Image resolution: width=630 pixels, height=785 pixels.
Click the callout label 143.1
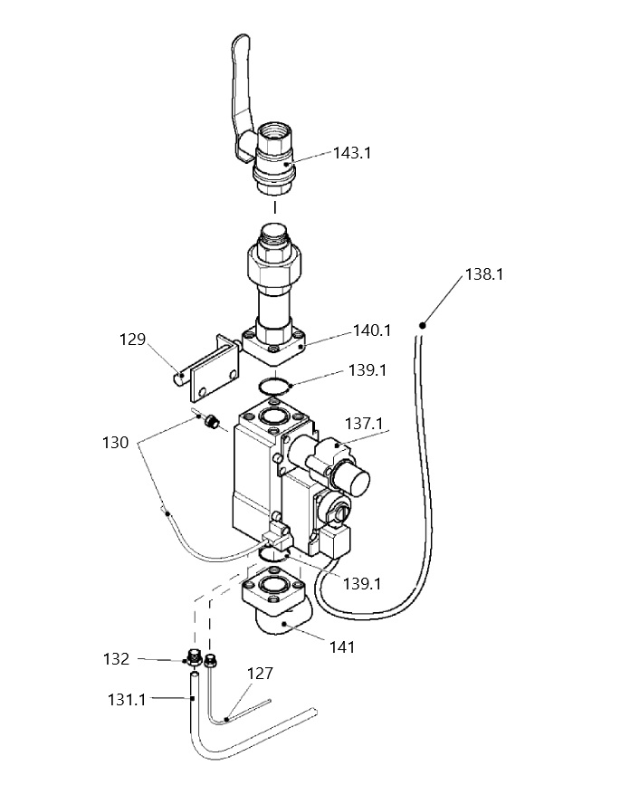(352, 153)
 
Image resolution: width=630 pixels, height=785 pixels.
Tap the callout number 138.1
(484, 274)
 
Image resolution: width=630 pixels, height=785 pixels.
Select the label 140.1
(372, 330)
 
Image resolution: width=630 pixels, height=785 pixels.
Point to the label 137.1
(364, 424)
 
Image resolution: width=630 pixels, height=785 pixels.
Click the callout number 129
(132, 340)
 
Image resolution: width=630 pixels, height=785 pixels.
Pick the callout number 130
(116, 443)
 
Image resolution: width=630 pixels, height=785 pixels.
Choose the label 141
(342, 647)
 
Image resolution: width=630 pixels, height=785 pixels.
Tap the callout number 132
(116, 659)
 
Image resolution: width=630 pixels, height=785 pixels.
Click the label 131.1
(127, 699)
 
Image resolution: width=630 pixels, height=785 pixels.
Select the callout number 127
(260, 674)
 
